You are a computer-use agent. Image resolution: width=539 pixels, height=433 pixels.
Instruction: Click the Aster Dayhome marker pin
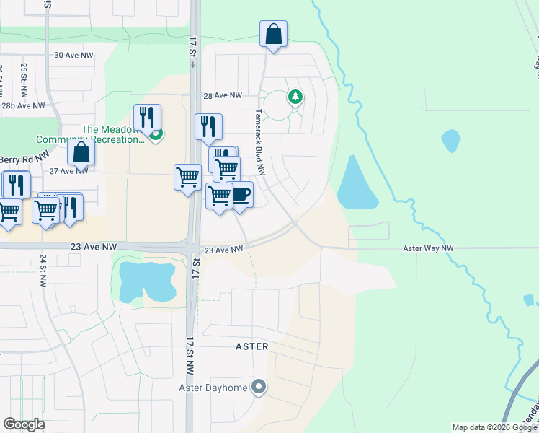pyautogui.click(x=259, y=388)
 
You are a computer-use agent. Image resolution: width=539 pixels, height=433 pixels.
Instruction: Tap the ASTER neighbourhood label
pyautogui.click(x=252, y=346)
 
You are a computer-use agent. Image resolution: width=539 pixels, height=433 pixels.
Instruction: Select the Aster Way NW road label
pyautogui.click(x=428, y=248)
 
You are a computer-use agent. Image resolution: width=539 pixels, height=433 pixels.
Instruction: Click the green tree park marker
pyautogui.click(x=295, y=96)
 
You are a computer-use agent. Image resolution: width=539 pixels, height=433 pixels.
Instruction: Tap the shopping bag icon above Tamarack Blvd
pyautogui.click(x=274, y=35)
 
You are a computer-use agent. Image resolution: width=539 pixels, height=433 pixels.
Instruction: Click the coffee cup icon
pyautogui.click(x=240, y=196)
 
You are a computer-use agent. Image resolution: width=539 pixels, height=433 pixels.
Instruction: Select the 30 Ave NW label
pyautogui.click(x=74, y=55)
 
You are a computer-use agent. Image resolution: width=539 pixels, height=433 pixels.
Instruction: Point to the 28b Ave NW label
pyautogui.click(x=22, y=105)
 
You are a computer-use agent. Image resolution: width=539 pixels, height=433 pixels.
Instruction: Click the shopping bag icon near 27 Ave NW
pyautogui.click(x=81, y=152)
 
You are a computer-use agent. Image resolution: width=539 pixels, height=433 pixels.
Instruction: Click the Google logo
pyautogui.click(x=24, y=424)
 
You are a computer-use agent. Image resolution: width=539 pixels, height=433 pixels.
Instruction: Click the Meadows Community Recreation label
pyautogui.click(x=115, y=134)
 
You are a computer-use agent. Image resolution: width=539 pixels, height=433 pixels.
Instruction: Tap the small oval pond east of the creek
pyautogui.click(x=450, y=140)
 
